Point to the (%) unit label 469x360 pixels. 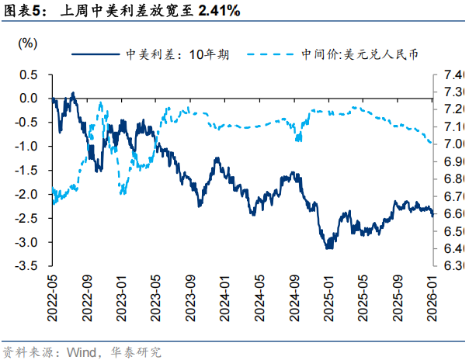(x=26, y=42)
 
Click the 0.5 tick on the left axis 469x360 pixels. (x=29, y=74)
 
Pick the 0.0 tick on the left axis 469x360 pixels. (x=29, y=99)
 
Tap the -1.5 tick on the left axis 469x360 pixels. (x=27, y=170)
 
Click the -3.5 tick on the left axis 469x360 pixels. (x=27, y=265)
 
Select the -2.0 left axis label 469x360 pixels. (x=27, y=194)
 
